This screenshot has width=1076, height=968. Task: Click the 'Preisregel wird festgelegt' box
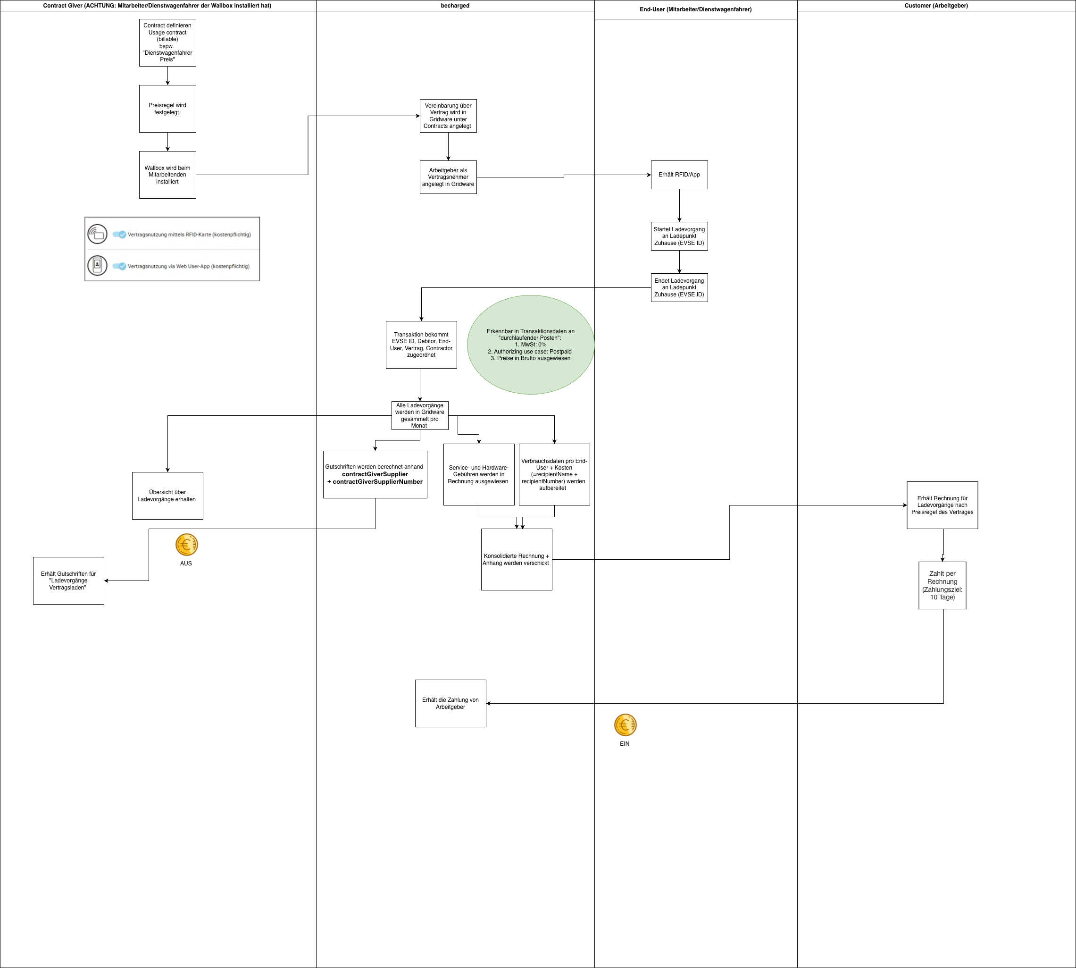[x=167, y=109]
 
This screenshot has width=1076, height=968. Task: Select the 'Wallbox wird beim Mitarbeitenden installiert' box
[x=167, y=175]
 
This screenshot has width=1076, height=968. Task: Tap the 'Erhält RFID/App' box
[x=679, y=175]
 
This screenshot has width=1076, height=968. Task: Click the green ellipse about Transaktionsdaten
[x=531, y=345]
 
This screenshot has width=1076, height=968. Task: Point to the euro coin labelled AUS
[x=187, y=545]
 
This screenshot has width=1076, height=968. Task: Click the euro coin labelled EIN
[x=625, y=724]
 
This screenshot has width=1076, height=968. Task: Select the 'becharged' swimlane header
[x=455, y=5]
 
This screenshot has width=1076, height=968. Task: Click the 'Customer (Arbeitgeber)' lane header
[x=936, y=5]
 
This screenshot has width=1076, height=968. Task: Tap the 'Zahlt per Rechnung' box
[x=943, y=586]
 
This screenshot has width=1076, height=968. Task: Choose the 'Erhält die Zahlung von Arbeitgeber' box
[x=451, y=703]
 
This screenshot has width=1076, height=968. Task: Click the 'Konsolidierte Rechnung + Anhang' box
[x=517, y=560]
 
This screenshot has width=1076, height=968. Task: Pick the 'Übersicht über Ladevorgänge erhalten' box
[x=167, y=496]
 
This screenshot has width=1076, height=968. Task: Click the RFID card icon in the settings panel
[x=97, y=234]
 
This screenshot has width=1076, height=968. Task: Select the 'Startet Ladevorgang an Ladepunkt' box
[x=679, y=236]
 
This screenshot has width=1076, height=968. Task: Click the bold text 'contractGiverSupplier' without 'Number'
[x=375, y=474]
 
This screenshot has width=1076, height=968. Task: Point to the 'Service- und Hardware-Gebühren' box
[x=479, y=474]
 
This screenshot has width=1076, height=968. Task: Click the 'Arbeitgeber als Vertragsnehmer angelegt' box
[x=448, y=177]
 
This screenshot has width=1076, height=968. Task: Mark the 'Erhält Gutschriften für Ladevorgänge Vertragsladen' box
[x=68, y=581]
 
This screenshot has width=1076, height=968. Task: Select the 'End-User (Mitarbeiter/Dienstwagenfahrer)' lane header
[x=696, y=9]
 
